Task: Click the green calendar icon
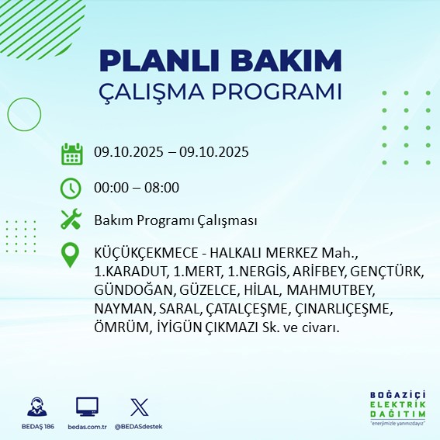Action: tap(71, 154)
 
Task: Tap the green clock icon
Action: tap(71, 188)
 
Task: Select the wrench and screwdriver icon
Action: tap(71, 220)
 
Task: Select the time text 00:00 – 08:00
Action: tap(137, 187)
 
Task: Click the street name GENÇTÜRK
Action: tap(386, 272)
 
